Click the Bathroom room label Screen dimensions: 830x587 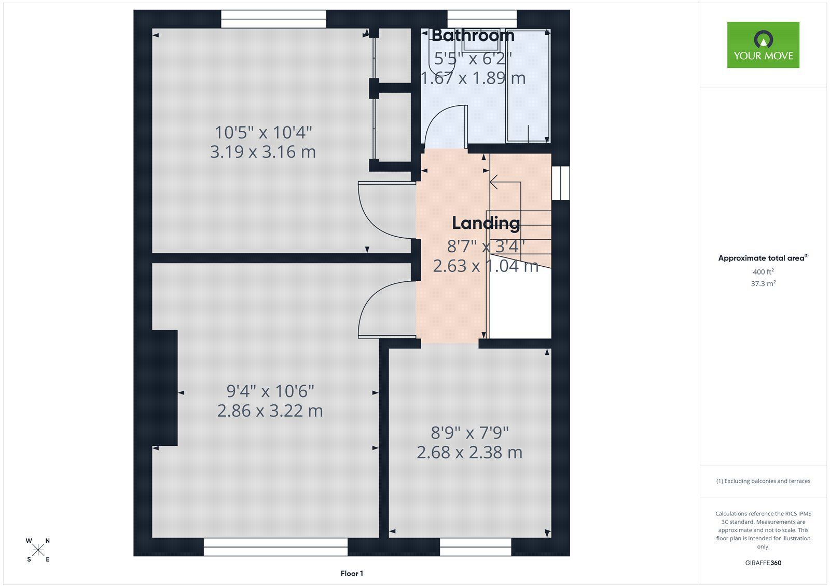tap(473, 36)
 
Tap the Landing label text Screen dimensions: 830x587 tap(486, 223)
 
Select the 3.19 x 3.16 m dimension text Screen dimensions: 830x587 tap(262, 152)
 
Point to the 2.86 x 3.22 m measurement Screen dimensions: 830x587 tap(270, 411)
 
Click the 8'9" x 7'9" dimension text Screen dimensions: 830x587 tap(469, 433)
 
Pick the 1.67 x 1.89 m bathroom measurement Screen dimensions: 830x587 tap(473, 78)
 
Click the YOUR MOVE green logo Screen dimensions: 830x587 tap(763, 45)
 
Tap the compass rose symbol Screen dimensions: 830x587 tap(38, 550)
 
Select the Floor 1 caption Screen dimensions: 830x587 tap(352, 574)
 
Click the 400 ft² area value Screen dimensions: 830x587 tap(763, 271)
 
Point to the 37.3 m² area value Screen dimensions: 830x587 tap(763, 283)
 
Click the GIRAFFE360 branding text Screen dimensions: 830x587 tap(763, 563)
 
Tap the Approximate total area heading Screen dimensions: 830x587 tap(763, 258)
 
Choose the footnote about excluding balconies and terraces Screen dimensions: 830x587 tap(763, 481)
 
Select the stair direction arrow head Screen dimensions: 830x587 tap(493, 182)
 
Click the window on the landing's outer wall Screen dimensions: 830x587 tap(561, 183)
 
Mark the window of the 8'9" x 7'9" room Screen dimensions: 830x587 tap(475, 547)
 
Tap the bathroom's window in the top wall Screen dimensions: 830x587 tap(482, 19)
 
